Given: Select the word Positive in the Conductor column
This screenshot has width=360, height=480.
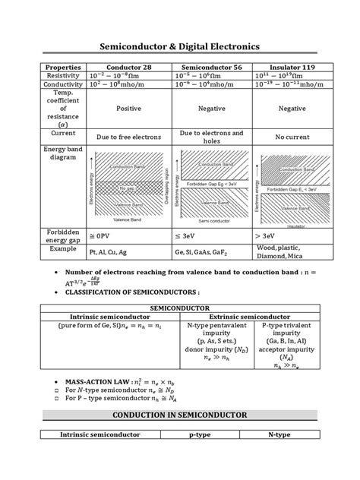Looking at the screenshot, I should (x=128, y=109).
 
